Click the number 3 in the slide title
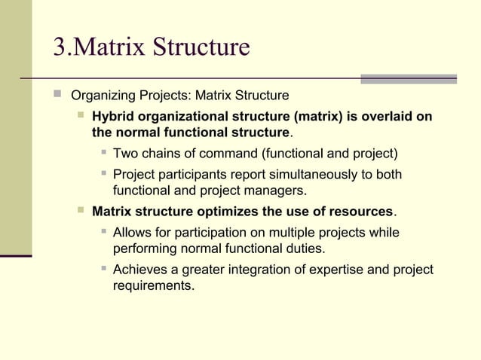(60, 47)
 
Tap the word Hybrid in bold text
(112, 116)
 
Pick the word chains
(159, 154)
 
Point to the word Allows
(131, 233)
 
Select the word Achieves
(139, 270)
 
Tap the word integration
(247, 270)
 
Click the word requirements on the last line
(152, 286)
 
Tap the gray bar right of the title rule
(408, 78)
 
